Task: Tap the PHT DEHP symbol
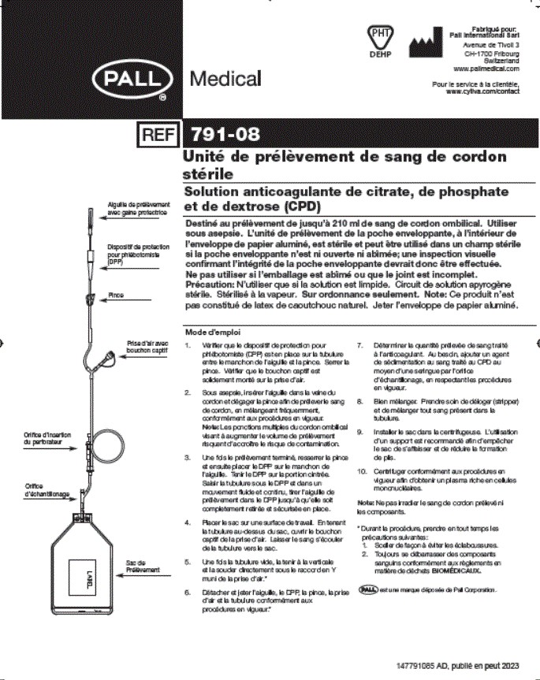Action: [x=380, y=39]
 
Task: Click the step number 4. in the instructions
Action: [x=187, y=522]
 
